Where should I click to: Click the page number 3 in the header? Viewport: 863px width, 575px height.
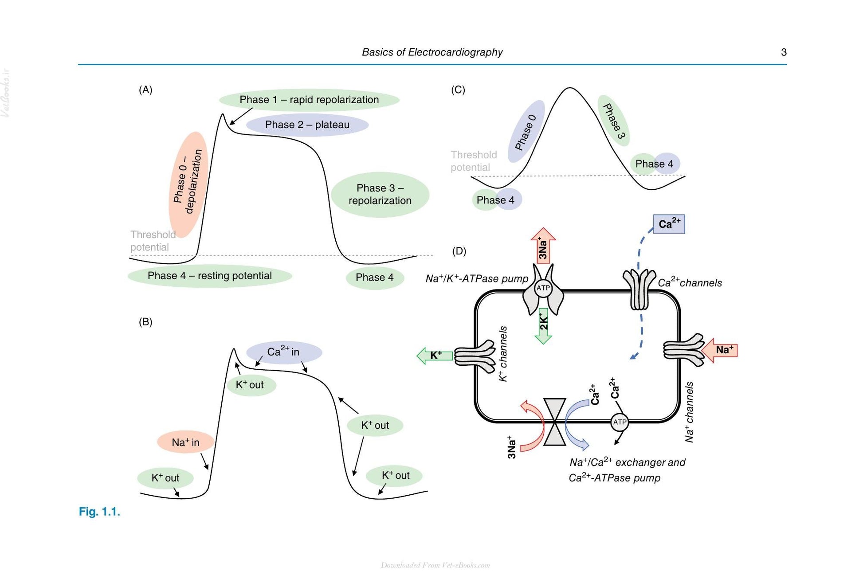click(784, 52)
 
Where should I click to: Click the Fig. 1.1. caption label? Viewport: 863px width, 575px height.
click(99, 512)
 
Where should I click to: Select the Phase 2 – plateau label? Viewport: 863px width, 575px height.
click(307, 125)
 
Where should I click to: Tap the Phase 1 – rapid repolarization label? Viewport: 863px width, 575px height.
click(309, 100)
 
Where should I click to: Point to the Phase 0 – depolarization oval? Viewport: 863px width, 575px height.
click(188, 184)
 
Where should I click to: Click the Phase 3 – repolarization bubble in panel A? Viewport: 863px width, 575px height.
click(380, 195)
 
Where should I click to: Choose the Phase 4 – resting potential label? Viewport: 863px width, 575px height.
click(210, 276)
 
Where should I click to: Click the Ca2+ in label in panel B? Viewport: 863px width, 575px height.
click(284, 352)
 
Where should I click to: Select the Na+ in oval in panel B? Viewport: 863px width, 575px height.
click(186, 442)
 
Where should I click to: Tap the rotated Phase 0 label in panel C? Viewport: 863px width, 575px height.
click(526, 132)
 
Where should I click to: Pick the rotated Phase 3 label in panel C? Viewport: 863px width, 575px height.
click(614, 121)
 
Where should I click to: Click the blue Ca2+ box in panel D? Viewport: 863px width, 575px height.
click(669, 224)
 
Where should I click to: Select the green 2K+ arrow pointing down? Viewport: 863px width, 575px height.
click(543, 326)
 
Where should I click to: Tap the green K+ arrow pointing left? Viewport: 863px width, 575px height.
click(435, 356)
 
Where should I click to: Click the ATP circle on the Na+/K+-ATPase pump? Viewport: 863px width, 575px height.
click(543, 288)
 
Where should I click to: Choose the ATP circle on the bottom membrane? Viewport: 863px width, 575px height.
click(620, 422)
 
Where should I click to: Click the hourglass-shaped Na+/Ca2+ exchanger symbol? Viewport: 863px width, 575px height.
click(554, 422)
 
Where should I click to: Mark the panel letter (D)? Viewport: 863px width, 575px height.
click(459, 251)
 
